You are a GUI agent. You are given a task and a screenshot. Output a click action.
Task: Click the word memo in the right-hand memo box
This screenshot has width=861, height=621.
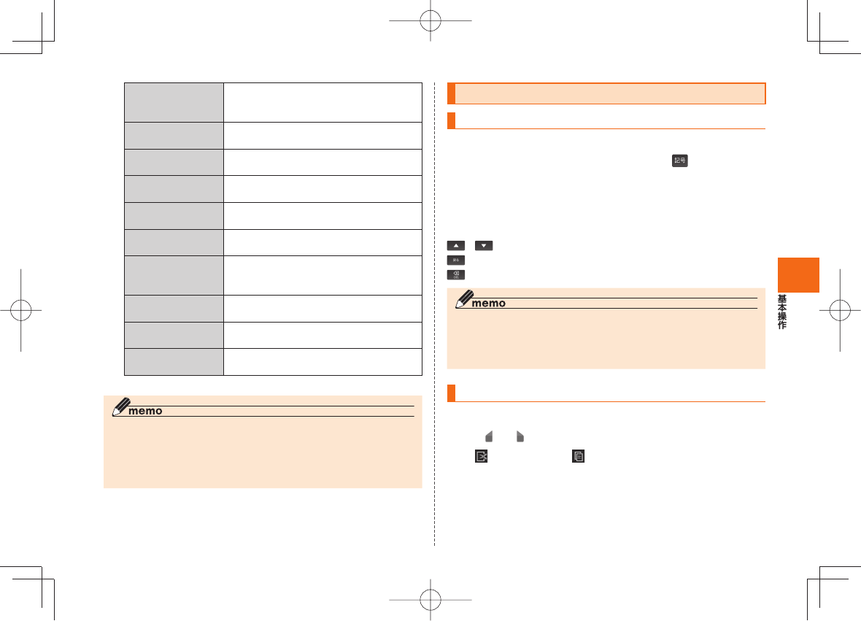[x=488, y=304]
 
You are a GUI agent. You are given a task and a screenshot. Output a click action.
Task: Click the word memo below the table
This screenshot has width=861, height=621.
[x=145, y=411]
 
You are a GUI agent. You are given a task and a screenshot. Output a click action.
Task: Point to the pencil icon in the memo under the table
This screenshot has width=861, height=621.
[x=121, y=407]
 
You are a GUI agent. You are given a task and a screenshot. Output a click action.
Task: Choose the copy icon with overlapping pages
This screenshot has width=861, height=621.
[x=579, y=456]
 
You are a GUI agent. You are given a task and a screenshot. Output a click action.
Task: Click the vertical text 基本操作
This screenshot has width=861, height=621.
[x=781, y=312]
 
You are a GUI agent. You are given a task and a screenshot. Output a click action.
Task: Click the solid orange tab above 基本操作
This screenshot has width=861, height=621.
[x=798, y=274]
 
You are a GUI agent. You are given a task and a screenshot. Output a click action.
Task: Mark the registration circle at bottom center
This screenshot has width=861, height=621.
[x=431, y=600]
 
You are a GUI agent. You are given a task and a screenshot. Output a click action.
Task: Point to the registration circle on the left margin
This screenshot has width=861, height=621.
[x=22, y=310]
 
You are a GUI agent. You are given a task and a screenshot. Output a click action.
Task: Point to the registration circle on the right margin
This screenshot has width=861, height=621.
[x=840, y=310]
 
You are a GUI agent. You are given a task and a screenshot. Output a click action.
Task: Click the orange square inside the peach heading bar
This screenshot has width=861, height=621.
[x=451, y=94]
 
